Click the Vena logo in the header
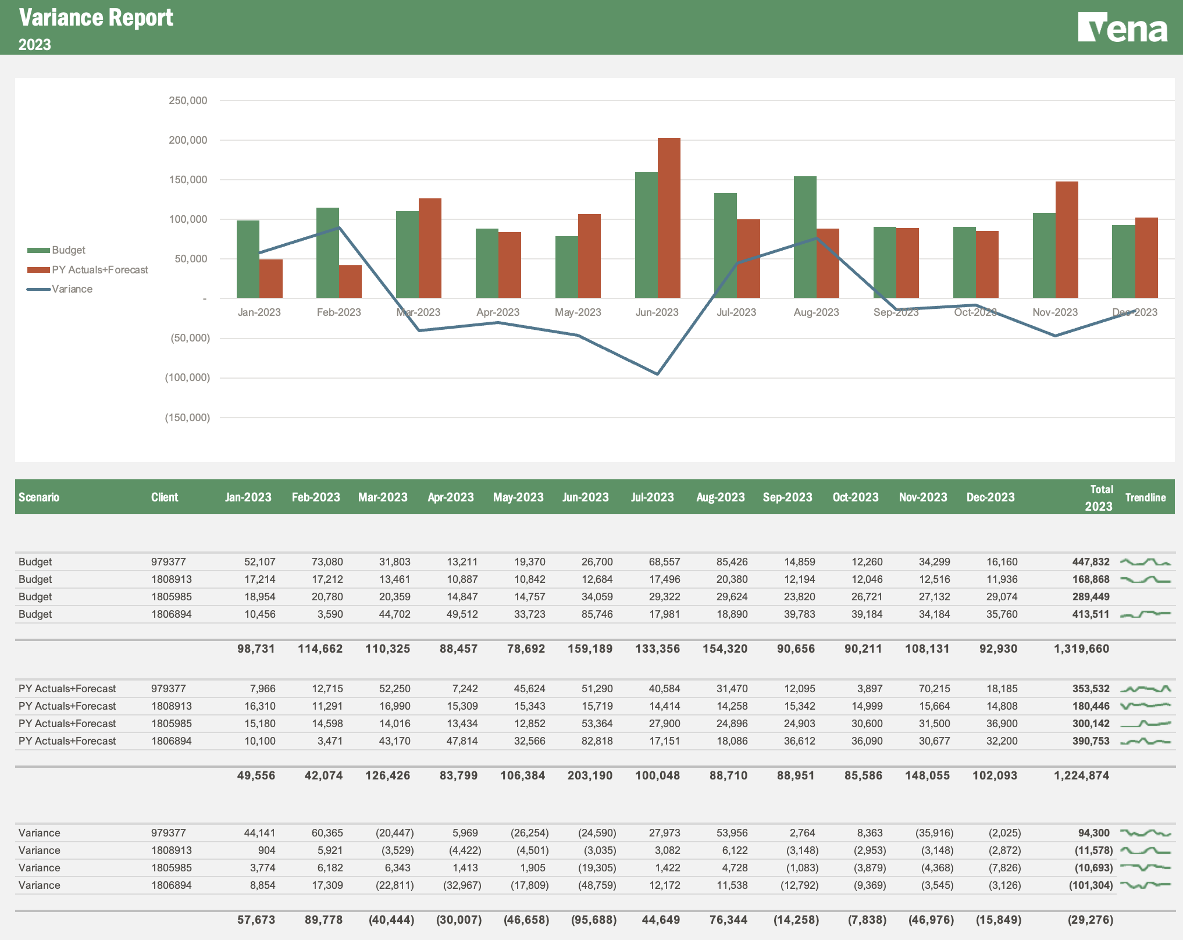pos(1122,28)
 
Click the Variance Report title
pos(96,18)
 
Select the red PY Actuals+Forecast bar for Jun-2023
pos(669,218)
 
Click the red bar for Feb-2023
pos(350,282)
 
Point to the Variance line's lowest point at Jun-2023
pos(657,374)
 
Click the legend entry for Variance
pos(72,289)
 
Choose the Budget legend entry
pos(68,250)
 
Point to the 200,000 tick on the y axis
pos(188,140)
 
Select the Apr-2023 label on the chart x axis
pos(498,312)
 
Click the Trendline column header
pos(1145,497)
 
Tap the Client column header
pos(165,497)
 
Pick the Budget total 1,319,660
pos(1081,649)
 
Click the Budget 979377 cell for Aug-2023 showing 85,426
pos(732,562)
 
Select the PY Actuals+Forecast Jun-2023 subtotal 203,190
pos(590,775)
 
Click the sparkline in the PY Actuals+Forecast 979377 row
pos(1145,689)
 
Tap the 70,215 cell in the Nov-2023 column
pos(934,689)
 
